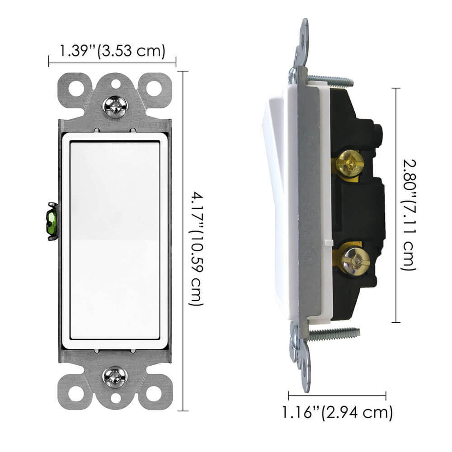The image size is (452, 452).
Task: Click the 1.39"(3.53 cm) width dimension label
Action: click(112, 51)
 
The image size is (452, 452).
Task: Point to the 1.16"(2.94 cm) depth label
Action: click(337, 412)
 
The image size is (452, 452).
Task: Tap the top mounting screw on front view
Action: click(116, 106)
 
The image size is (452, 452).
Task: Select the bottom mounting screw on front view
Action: click(116, 376)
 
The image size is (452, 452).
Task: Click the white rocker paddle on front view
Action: click(115, 240)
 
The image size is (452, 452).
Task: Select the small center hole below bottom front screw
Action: click(116, 398)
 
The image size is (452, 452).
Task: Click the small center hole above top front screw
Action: click(116, 84)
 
